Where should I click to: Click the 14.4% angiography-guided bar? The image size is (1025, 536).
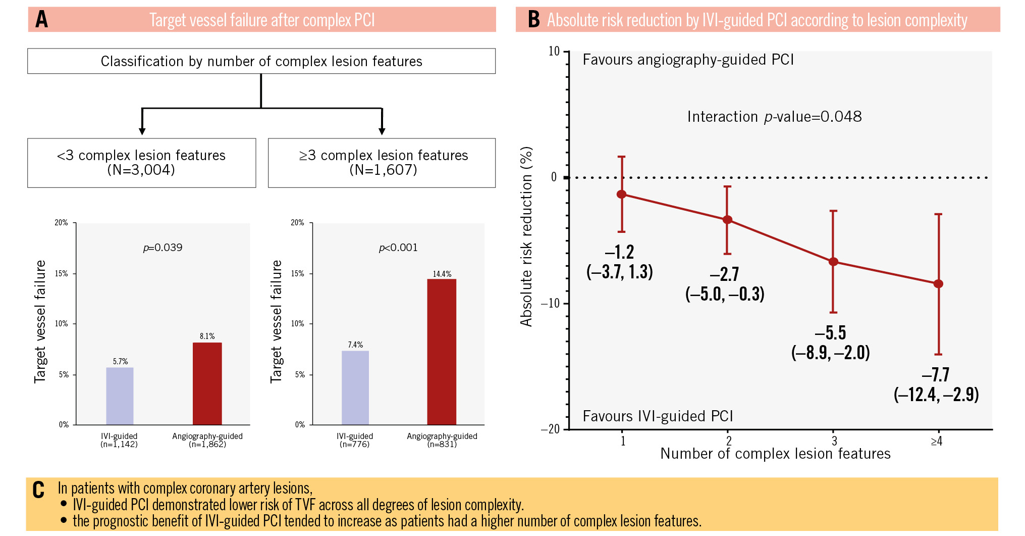[442, 352]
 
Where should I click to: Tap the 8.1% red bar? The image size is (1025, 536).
[207, 383]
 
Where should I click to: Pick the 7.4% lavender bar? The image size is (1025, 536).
[355, 387]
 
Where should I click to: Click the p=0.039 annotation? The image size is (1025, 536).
[163, 248]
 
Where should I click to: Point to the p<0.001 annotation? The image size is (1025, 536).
[398, 248]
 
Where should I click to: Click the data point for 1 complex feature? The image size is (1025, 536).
[622, 194]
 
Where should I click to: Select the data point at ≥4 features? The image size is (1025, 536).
[938, 284]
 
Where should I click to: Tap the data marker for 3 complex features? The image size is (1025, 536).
[833, 262]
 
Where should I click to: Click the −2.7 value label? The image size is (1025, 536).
[725, 274]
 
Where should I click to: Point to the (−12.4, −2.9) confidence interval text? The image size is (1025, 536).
[936, 394]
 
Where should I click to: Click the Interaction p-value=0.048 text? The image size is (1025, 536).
[774, 117]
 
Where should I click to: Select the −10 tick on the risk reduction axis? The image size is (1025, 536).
[551, 303]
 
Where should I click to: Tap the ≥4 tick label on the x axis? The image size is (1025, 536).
[937, 442]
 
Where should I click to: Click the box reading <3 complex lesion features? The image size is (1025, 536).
[141, 163]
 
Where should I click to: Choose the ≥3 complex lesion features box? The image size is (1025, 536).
[382, 163]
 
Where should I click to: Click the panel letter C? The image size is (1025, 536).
[38, 490]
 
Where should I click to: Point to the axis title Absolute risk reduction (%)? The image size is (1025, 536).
[526, 236]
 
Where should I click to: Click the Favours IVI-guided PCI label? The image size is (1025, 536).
[658, 416]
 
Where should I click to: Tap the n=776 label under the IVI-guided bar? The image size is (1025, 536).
[355, 445]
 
